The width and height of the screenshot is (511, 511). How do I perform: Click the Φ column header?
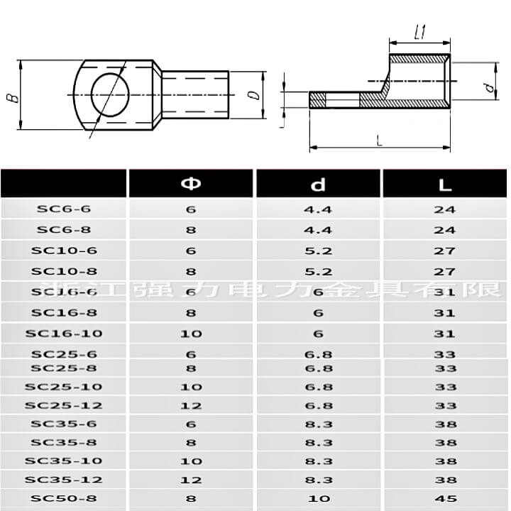(191, 185)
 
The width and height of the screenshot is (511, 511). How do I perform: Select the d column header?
(318, 185)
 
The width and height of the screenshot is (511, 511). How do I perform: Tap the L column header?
(445, 185)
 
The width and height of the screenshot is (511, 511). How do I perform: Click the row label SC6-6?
(64, 209)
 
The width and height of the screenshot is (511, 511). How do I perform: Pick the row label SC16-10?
(64, 334)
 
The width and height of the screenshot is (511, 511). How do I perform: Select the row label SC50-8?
(64, 498)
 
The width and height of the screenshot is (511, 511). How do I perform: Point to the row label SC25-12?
(64, 405)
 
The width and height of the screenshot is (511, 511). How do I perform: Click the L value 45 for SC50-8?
(445, 498)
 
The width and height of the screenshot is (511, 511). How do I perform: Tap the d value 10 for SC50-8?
(318, 498)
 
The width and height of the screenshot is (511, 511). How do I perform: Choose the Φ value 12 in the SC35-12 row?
(191, 480)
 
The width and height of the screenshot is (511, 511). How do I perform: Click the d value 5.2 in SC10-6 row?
(318, 251)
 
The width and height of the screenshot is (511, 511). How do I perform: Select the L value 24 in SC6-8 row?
(445, 230)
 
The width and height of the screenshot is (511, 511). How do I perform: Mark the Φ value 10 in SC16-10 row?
(191, 334)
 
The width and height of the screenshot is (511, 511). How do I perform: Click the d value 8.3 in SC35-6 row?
(318, 424)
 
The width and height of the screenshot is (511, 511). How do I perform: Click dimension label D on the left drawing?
(253, 94)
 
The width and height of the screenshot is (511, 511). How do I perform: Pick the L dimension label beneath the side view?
(380, 141)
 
